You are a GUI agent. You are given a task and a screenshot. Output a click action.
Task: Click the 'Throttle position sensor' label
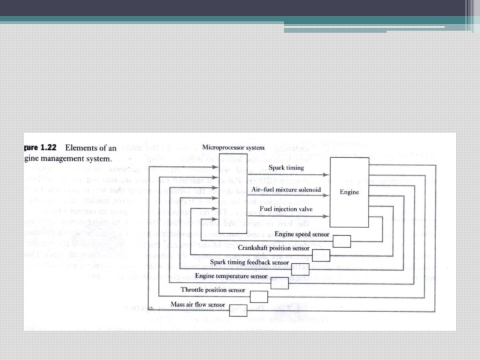(x=212, y=289)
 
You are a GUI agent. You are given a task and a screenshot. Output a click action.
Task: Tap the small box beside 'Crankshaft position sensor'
(x=321, y=255)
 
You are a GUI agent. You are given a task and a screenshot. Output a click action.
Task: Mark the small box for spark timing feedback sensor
(x=301, y=269)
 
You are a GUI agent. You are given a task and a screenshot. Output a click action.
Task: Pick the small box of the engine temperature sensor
(x=280, y=282)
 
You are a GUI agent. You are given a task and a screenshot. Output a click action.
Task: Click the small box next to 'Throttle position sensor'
(x=259, y=296)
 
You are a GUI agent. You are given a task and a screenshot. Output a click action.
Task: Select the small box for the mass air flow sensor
(x=238, y=309)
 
